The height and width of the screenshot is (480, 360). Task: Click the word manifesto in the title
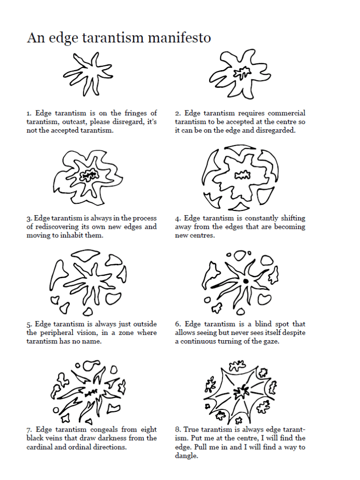pos(180,38)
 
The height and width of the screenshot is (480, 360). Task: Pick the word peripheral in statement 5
pos(56,333)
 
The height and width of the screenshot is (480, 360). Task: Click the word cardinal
pos(39,447)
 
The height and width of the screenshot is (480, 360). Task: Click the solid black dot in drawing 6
pos(246,281)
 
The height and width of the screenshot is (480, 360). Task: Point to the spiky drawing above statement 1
pos(88,74)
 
